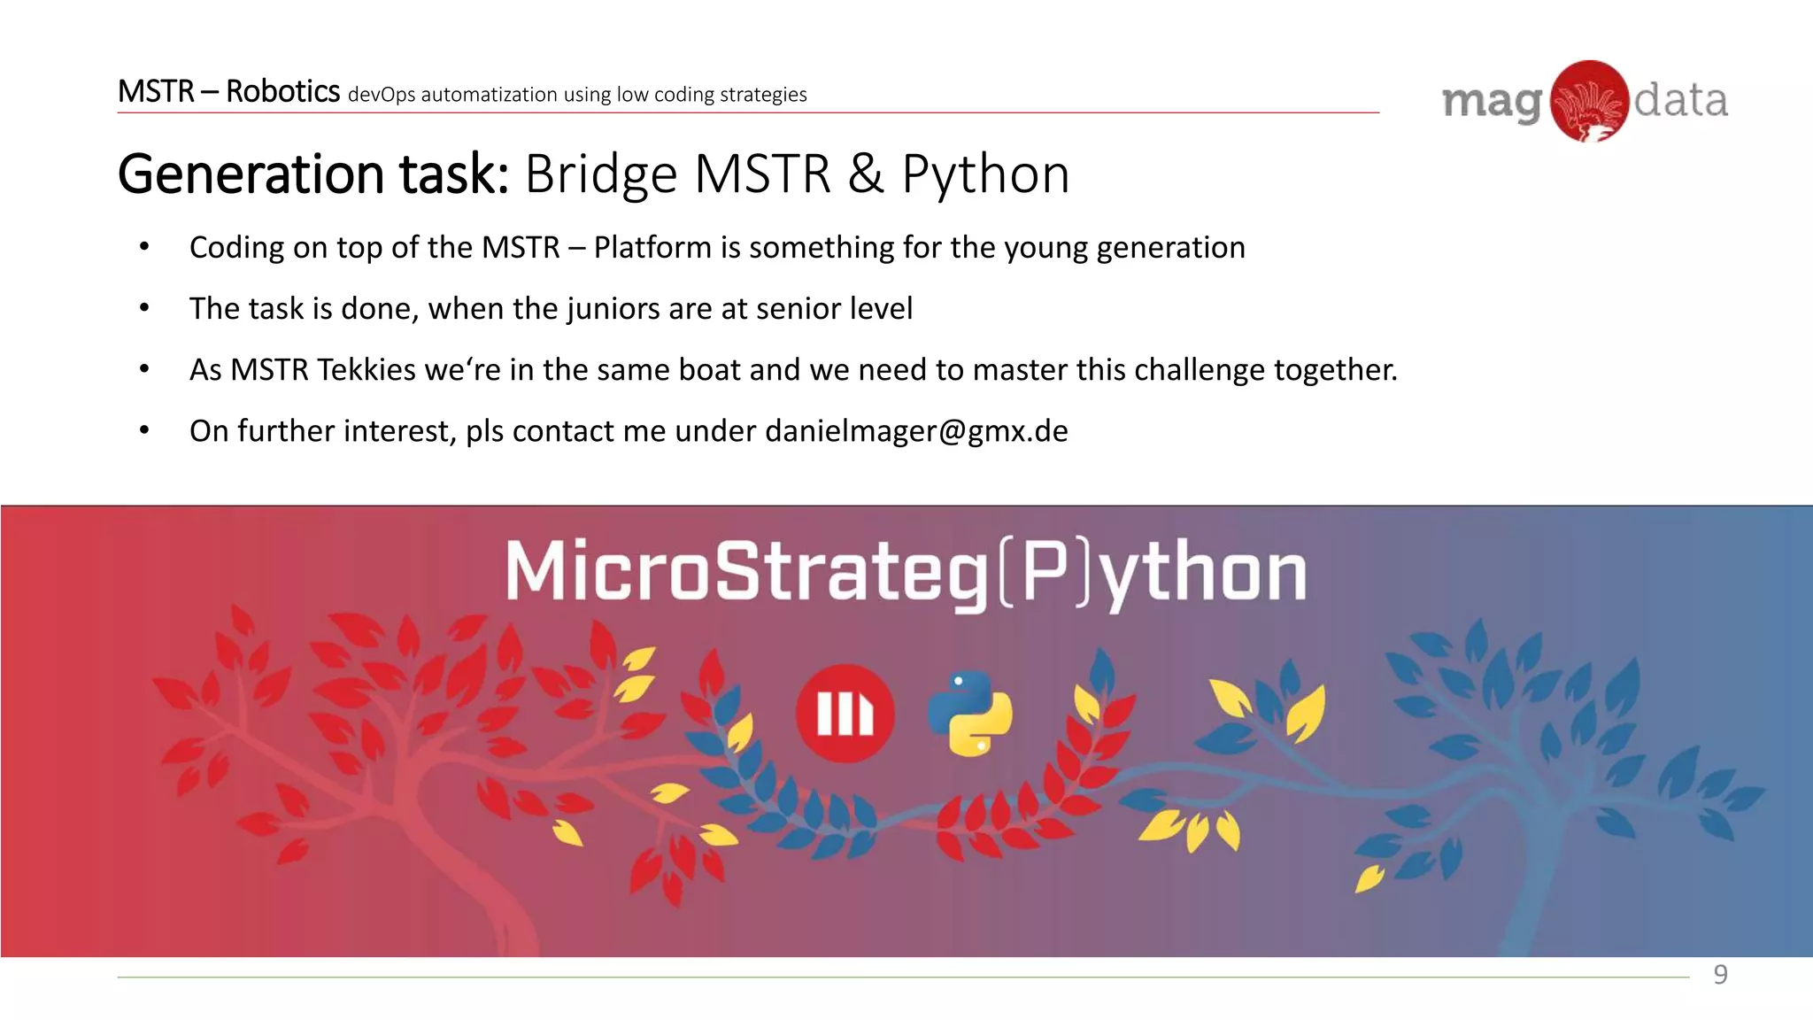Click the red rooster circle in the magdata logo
1590,101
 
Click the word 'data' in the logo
1680,101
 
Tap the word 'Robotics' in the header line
282,91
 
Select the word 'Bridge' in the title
600,174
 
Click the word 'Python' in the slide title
985,174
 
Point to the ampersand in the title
865,174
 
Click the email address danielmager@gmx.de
916,431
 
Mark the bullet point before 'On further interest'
144,431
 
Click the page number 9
1720,975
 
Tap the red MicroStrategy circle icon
845,714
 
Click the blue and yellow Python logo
970,714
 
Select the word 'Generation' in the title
251,174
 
